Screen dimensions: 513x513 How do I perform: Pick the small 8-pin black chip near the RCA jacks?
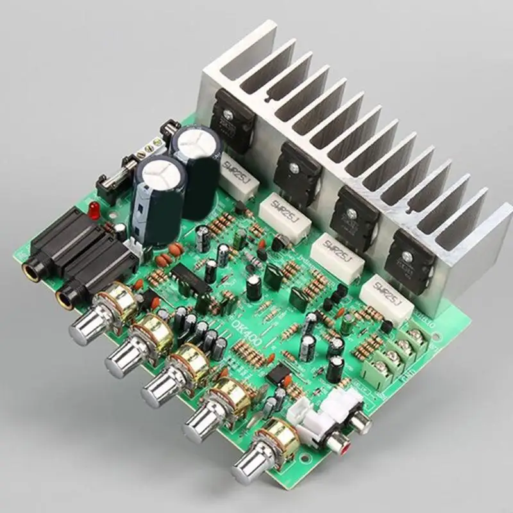click(x=276, y=374)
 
